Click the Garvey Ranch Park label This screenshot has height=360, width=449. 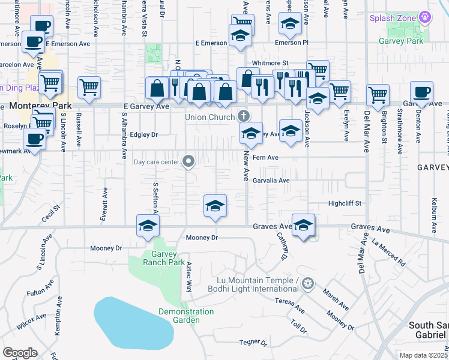[x=164, y=257]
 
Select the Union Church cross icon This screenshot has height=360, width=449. [x=243, y=115]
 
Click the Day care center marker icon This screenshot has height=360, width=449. [x=188, y=161]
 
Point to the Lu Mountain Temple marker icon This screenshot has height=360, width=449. [x=308, y=282]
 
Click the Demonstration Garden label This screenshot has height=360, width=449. [x=186, y=316]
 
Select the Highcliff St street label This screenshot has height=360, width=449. [x=345, y=203]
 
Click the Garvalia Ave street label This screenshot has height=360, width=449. [x=271, y=180]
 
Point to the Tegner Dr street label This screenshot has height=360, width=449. [x=253, y=343]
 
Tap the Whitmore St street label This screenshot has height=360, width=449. [x=270, y=62]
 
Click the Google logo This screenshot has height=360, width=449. [x=20, y=353]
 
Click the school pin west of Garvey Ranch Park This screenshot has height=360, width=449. [x=146, y=226]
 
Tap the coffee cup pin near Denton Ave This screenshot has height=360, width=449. [x=421, y=92]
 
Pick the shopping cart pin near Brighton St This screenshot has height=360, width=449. [x=378, y=95]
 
